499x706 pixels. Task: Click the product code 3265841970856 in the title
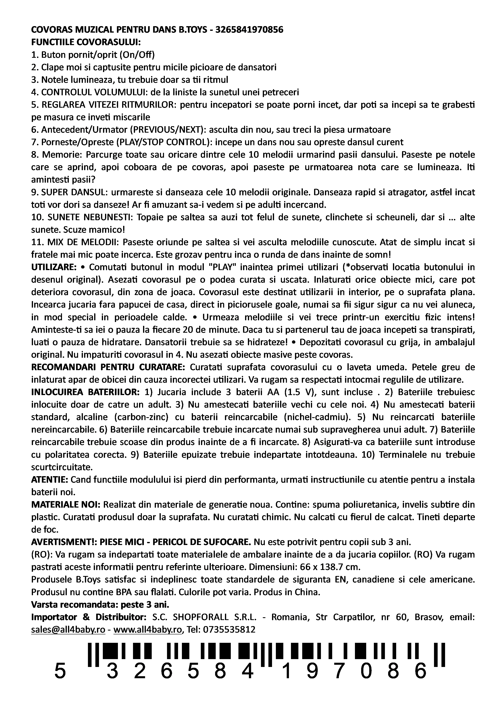coord(249,30)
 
